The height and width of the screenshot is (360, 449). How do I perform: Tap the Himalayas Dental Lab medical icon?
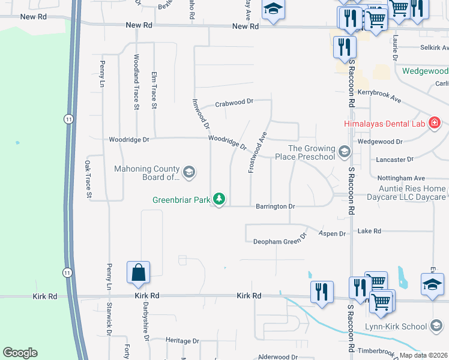pos(435,124)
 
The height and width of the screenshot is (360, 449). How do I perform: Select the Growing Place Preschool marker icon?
pos(344,151)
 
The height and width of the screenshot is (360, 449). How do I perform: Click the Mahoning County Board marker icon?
pos(188,173)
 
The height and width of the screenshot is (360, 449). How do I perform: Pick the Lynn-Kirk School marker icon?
pos(436,326)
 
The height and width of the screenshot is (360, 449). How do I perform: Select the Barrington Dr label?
pos(276,206)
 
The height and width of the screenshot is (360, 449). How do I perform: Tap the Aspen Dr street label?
pos(333,233)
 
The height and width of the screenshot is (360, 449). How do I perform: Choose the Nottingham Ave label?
pos(401,178)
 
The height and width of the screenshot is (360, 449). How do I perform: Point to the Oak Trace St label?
pos(88,179)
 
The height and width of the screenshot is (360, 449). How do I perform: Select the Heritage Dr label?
pos(182,340)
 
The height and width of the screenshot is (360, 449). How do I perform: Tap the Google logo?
pos(20,353)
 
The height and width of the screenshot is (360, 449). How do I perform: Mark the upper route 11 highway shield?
pos(70,119)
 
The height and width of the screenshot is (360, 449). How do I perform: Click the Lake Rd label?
pos(369,231)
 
